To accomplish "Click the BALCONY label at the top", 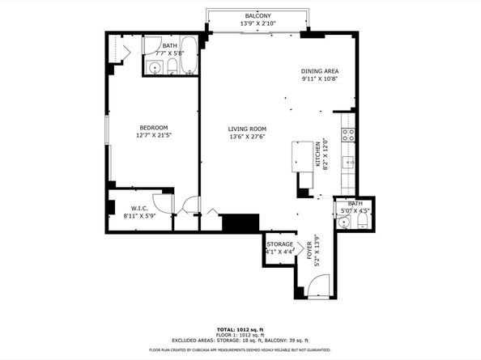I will [258, 16].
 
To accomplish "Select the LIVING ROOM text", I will [247, 129].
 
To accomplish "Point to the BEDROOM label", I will [153, 128].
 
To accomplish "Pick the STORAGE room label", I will [280, 244].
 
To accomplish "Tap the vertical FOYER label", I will [314, 252].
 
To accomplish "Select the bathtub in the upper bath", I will [187, 56].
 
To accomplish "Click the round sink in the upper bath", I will [154, 68].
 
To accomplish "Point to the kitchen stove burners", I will [348, 135].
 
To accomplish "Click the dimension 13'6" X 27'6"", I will [247, 138].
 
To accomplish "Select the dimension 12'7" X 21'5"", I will [153, 136].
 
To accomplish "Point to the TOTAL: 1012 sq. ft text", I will [240, 330].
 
